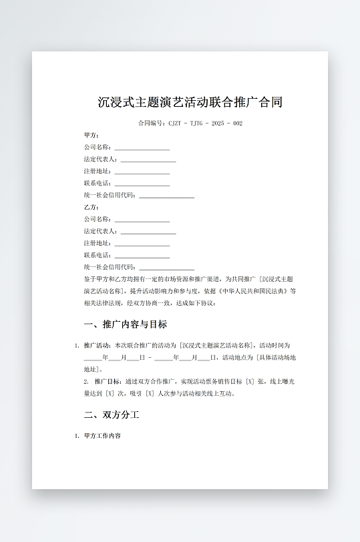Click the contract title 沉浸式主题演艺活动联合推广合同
pos(190,102)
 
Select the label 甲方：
pos(92,135)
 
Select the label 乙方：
pos(92,207)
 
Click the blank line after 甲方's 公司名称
pos(142,148)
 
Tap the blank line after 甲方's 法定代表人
pos(148,160)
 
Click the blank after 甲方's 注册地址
pos(142,172)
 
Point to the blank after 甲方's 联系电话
pos(142,184)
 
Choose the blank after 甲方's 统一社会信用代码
pos(166,196)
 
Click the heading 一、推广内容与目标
pos(125,324)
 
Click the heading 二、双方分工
pos(112,415)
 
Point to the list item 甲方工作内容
pos(102,436)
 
